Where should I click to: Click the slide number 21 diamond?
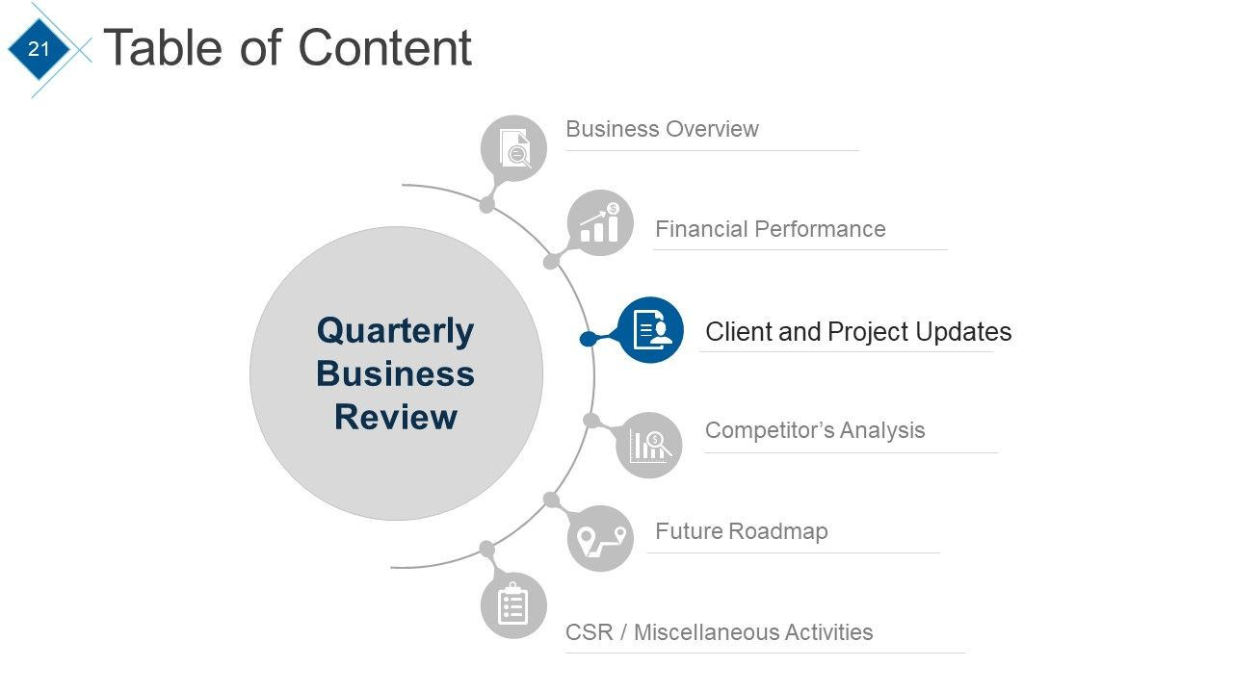(39, 48)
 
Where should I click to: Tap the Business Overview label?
(662, 129)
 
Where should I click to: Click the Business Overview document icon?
(513, 148)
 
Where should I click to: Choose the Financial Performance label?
(770, 229)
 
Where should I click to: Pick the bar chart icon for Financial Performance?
(600, 223)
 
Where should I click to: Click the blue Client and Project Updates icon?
(651, 330)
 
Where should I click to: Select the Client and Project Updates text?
(857, 332)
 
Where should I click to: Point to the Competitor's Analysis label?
(814, 430)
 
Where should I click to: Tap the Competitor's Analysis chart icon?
(649, 445)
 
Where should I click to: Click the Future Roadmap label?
(741, 531)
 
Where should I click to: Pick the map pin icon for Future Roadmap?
(600, 539)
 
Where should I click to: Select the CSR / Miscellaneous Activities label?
(719, 632)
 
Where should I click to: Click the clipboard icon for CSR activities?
(513, 605)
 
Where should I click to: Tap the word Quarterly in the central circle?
(395, 330)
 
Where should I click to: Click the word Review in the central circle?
(395, 417)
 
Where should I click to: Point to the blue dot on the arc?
(588, 339)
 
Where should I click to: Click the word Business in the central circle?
(395, 373)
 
